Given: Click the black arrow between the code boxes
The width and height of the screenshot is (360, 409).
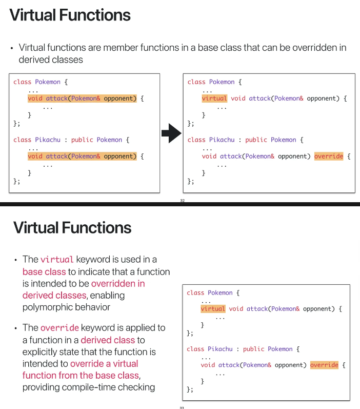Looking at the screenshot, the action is [x=172, y=135].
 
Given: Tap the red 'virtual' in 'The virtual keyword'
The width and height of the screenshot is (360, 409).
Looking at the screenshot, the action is [x=57, y=259].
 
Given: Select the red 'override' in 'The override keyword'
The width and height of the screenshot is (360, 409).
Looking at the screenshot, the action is [x=59, y=327].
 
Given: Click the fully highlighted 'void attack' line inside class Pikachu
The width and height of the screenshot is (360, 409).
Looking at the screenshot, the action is [x=82, y=156].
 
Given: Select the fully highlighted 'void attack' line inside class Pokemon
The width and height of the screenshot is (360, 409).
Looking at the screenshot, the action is [x=82, y=98].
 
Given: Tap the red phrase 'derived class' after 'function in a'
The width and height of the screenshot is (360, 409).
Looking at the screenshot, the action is [x=108, y=340].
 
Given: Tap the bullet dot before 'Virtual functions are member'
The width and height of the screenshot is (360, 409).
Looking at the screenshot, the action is [x=11, y=48].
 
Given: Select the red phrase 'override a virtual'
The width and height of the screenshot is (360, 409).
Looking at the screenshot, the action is [x=104, y=363].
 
